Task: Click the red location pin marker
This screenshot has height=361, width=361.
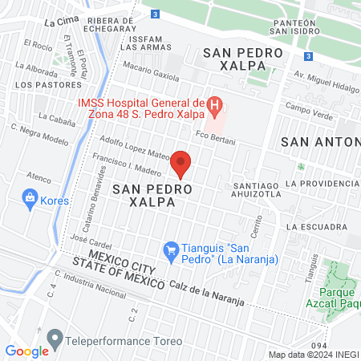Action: tap(181, 164)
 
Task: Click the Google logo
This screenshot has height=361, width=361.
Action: tap(26, 351)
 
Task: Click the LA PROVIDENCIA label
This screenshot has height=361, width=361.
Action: tap(325, 183)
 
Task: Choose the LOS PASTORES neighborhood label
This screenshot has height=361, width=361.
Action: tap(40, 83)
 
